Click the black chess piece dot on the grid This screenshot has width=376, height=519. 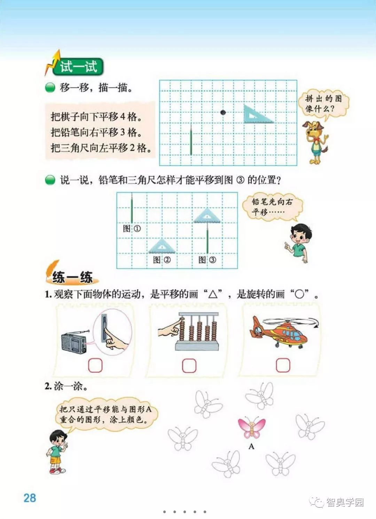[223, 113]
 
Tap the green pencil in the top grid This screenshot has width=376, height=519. [191, 139]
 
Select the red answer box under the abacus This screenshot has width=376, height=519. [189, 366]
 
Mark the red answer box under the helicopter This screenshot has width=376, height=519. [283, 365]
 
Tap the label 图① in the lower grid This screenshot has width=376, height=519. [132, 229]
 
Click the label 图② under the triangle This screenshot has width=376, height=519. [162, 260]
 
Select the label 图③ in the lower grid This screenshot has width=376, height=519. [207, 260]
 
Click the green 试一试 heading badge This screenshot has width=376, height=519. [78, 67]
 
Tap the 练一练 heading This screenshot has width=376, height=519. [72, 277]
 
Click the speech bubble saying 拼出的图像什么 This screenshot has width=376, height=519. [323, 105]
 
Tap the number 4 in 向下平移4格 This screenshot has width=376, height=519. [122, 117]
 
